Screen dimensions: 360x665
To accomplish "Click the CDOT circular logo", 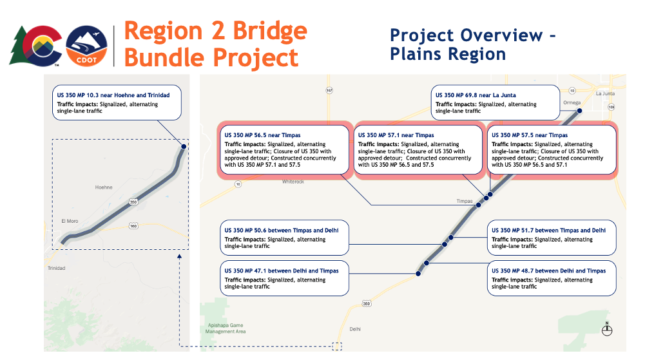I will click(x=88, y=46).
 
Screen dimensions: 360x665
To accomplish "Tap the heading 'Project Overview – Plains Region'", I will click(x=472, y=44).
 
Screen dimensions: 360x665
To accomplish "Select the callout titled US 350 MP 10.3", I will click(x=117, y=103).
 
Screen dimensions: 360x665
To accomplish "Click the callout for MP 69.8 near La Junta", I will click(x=494, y=102).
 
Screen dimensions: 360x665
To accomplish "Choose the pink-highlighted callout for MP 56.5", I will click(x=284, y=150).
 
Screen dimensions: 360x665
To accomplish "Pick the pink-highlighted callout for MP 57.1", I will click(x=418, y=150).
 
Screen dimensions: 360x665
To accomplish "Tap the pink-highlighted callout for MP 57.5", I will click(x=550, y=150).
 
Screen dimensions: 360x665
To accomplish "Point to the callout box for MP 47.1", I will click(x=284, y=278).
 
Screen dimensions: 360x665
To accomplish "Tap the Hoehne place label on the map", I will click(x=104, y=187).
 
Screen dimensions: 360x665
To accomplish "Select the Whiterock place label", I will click(x=293, y=182).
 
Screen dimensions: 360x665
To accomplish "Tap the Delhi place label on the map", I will click(x=355, y=328).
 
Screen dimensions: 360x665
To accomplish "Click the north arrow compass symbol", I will click(x=606, y=329).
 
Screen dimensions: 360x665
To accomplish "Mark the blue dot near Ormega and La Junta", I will click(x=579, y=111).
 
